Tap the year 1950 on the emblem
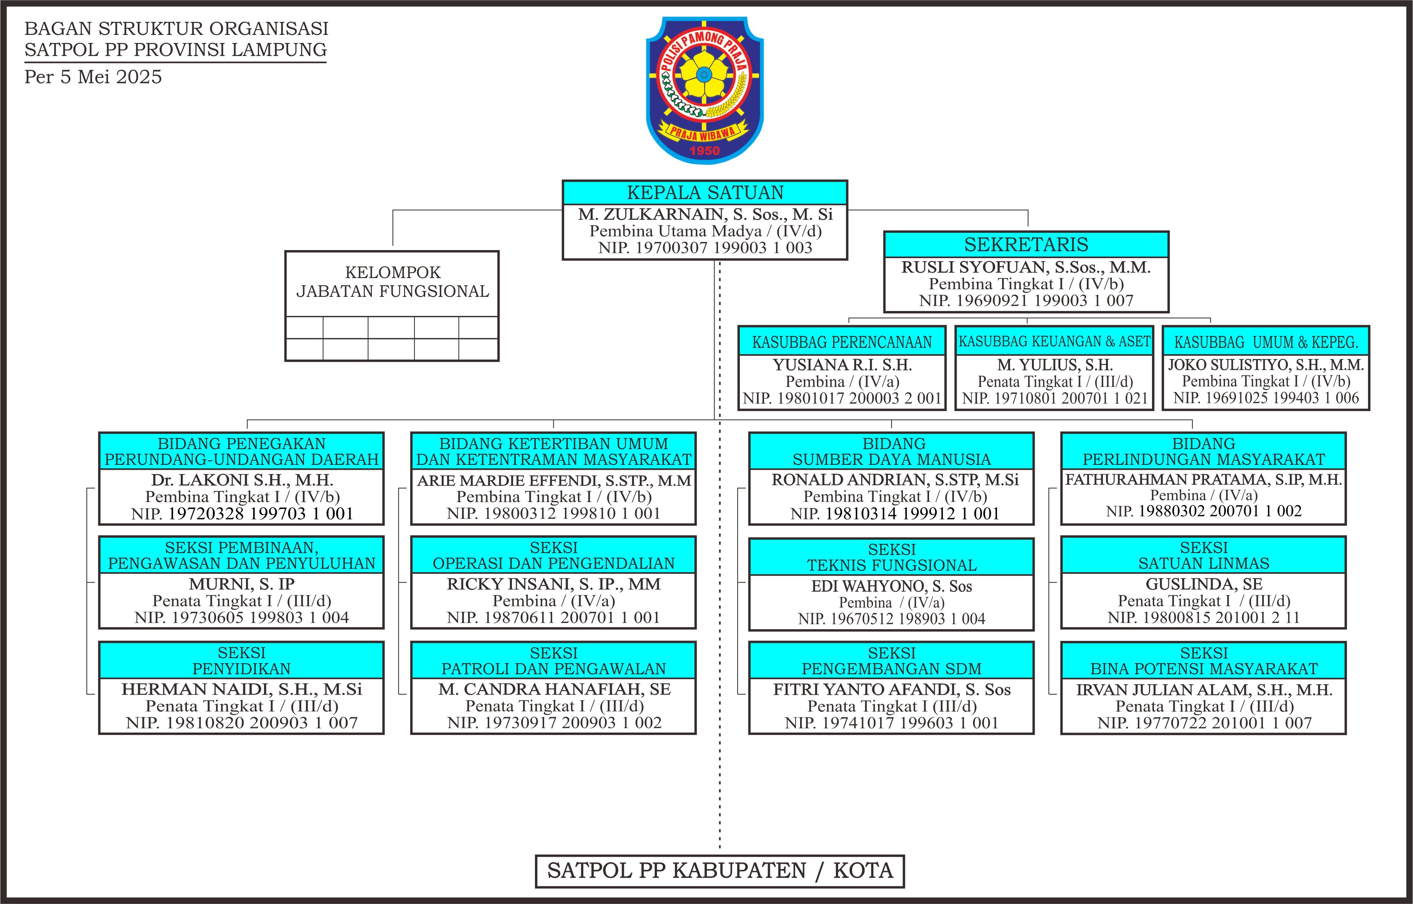pos(704,151)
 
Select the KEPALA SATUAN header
pos(705,193)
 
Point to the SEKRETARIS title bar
pos(1026,244)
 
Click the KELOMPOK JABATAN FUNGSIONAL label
pos(392,282)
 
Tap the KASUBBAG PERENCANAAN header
pos(842,342)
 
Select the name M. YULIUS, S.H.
pos(1055,365)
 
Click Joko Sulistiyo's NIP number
pos(1266,398)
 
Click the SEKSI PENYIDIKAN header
pos(241,660)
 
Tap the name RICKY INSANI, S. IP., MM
pos(553,584)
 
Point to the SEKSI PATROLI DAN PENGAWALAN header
pos(553,660)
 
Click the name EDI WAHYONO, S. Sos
pos(891,586)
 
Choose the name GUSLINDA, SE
pos(1204,584)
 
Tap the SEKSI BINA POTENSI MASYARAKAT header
pos(1204,660)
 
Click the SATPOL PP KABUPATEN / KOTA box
pos(720,871)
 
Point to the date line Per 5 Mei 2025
pos(93,77)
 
